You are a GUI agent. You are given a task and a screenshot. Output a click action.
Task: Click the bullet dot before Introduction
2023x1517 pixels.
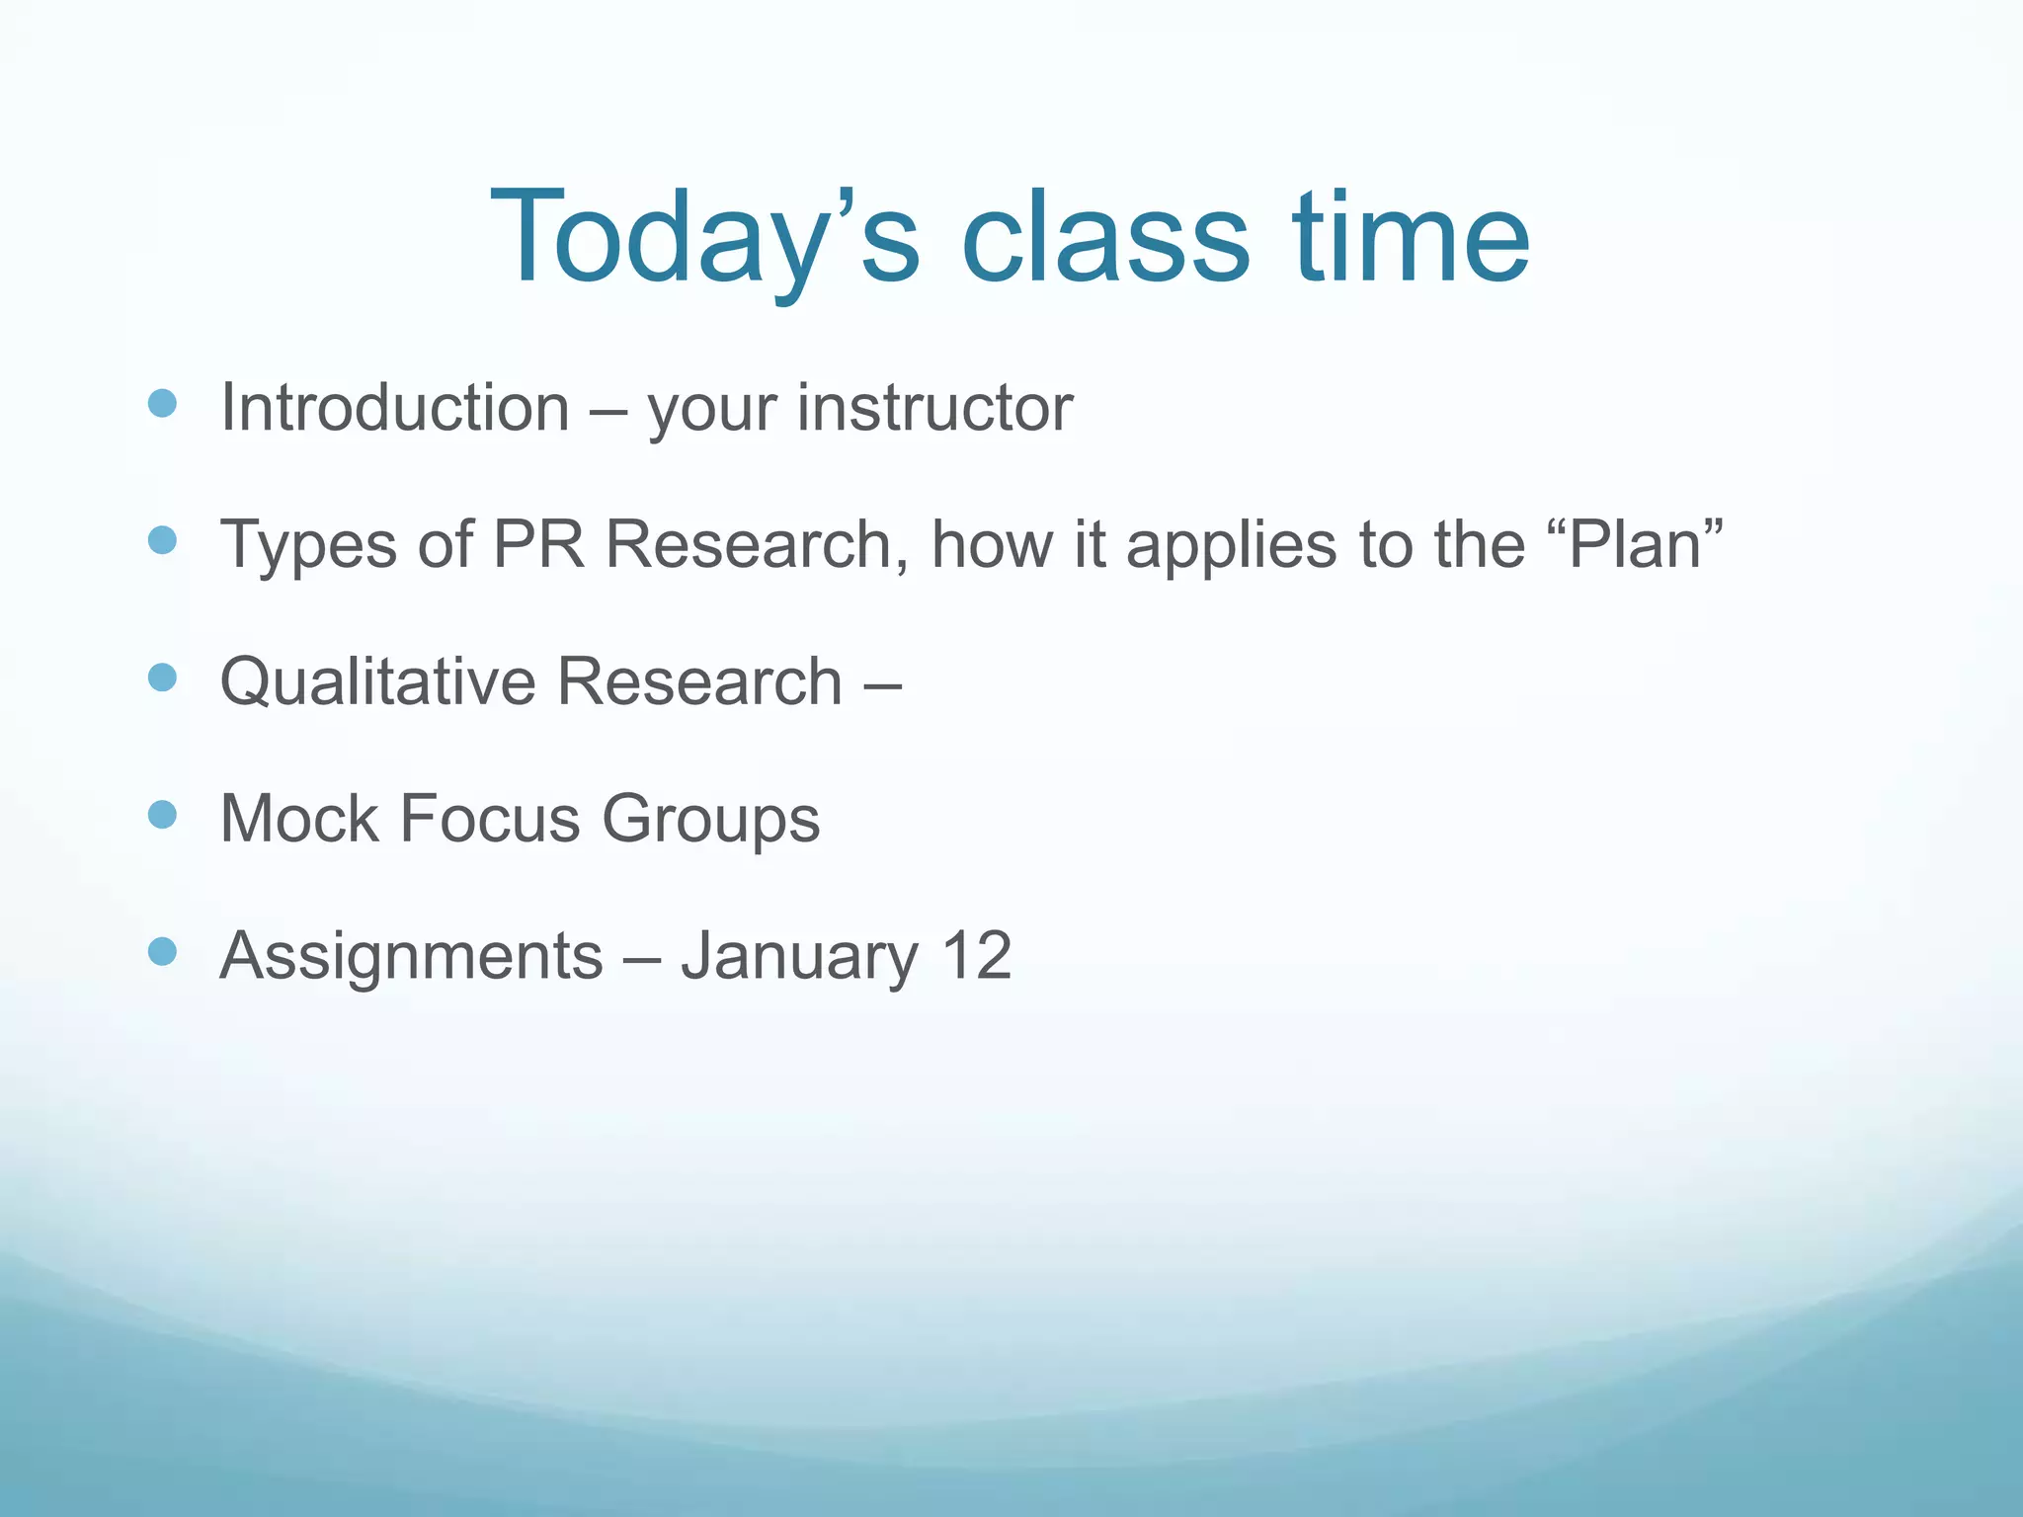[x=162, y=404]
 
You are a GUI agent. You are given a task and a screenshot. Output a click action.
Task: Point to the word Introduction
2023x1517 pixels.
[x=394, y=408]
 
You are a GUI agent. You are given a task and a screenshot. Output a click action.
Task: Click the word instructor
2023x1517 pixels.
[x=934, y=408]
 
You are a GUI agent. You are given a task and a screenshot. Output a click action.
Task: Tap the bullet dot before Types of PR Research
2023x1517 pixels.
[x=162, y=540]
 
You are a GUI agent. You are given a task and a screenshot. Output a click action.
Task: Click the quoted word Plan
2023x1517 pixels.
[x=1635, y=544]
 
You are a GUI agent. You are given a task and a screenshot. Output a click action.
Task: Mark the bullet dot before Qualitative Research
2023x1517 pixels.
[x=162, y=678]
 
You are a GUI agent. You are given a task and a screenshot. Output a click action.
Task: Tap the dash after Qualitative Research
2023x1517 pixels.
[x=881, y=684]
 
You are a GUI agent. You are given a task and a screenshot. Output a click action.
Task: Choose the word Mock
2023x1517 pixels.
[x=299, y=819]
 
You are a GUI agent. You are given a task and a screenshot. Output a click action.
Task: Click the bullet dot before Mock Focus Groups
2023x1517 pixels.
[x=162, y=815]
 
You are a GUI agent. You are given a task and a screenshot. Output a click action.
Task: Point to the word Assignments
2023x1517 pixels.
[x=411, y=956]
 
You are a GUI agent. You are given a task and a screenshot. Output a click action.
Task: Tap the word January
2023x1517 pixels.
[x=799, y=956]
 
